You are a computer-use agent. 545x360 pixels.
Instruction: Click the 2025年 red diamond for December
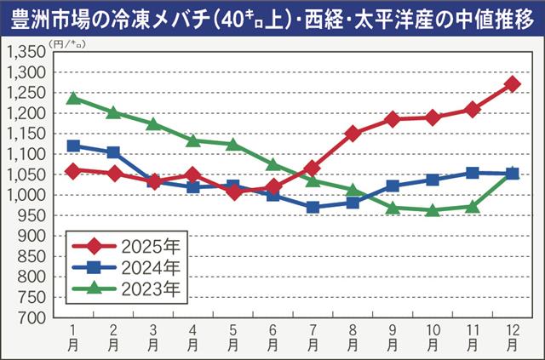coord(512,84)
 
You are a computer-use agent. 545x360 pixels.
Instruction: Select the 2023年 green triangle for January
coord(73,98)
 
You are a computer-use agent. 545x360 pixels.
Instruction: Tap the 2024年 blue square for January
coord(73,146)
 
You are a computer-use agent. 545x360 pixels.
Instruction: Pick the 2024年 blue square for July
coord(313,207)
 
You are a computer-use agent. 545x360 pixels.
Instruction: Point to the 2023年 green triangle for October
coord(433,210)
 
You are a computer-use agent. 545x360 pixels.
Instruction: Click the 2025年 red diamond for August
coord(353,134)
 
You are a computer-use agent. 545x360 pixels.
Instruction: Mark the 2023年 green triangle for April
coord(192,140)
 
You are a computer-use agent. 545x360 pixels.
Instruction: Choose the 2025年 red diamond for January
coord(73,170)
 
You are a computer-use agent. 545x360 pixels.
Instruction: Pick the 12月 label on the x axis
coord(512,335)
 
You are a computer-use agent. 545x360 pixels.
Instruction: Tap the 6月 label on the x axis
coord(272,335)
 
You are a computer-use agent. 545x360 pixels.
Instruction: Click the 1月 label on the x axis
coord(73,335)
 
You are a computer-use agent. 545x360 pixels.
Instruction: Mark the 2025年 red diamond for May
coord(232,191)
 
